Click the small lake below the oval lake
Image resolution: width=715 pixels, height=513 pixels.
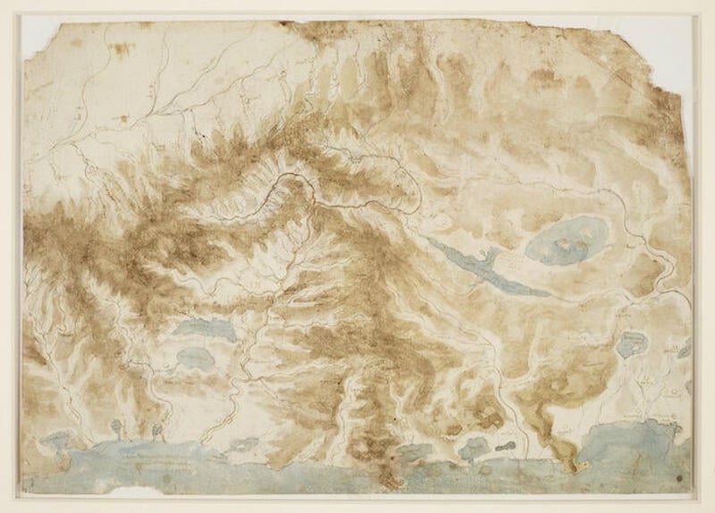pos(632,342)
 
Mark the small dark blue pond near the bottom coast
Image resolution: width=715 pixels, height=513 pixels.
pos(472,447)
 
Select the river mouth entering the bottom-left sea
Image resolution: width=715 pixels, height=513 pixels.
pos(201,438)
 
